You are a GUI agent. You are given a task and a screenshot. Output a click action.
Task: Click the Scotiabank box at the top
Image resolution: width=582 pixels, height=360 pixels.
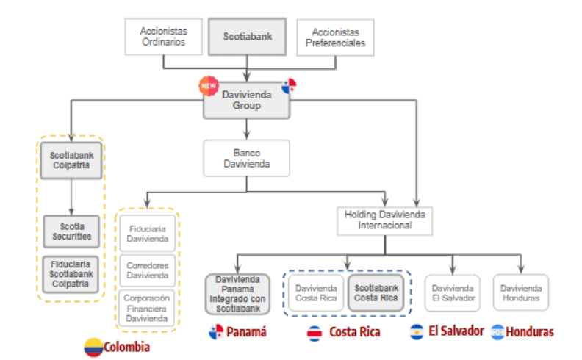coord(247,37)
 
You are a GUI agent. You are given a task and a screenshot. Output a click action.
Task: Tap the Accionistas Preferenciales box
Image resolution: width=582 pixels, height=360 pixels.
coord(335,37)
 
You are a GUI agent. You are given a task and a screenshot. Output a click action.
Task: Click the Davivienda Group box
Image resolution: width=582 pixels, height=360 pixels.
coord(247,100)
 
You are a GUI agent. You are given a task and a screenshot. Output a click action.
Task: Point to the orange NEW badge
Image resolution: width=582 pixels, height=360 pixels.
coord(209,84)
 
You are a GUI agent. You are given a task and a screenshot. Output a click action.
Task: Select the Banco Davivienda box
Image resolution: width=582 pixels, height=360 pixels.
coord(247,158)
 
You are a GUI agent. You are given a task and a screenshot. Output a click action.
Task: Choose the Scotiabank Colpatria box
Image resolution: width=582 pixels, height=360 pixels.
coord(71,162)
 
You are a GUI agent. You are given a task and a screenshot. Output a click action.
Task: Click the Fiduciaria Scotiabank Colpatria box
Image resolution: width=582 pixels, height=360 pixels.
coord(71,273)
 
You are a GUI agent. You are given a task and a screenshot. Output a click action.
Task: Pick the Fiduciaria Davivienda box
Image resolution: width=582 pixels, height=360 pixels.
coord(148,234)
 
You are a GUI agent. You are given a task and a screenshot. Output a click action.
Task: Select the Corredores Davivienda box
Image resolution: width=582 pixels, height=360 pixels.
coord(148,270)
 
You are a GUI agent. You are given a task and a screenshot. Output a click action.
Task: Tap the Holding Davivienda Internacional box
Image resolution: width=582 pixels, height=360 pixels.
coord(385,220)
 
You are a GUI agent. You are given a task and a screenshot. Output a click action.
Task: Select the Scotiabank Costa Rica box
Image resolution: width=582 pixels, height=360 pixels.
coord(376,293)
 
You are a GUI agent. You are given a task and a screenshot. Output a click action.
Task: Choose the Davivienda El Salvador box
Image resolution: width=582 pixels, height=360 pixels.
coord(453,293)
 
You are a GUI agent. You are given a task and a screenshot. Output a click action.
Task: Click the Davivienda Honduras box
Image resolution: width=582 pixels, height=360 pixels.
coord(520,293)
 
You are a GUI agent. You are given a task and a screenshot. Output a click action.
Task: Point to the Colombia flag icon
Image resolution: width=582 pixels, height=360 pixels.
coord(93,347)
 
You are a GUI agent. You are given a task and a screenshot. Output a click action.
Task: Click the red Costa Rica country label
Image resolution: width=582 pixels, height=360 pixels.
coord(354,332)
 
